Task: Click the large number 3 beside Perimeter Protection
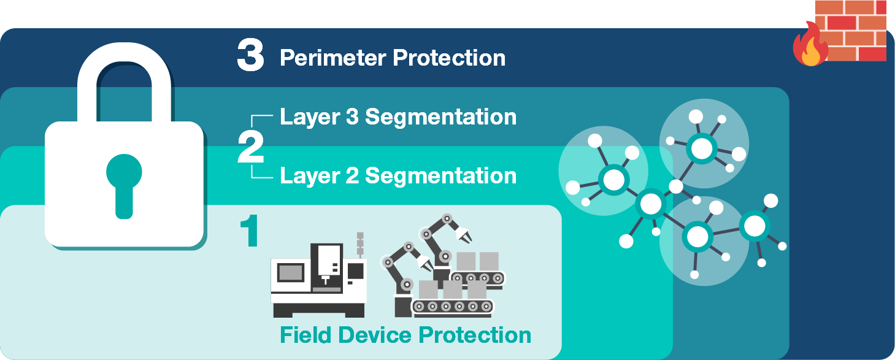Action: [250, 55]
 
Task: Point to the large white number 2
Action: [251, 147]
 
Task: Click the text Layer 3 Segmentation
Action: [398, 117]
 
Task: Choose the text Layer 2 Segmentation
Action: [398, 176]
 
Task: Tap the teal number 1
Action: [249, 231]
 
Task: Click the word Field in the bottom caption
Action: [305, 335]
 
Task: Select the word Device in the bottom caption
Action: [375, 335]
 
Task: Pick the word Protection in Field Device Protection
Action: [475, 335]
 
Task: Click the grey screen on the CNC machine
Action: [291, 273]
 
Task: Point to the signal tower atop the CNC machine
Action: [360, 245]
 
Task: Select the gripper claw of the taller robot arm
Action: [463, 236]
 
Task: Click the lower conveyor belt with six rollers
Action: [453, 307]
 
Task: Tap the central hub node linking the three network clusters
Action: [651, 204]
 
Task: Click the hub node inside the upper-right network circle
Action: [702, 148]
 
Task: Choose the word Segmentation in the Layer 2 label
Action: [440, 176]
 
